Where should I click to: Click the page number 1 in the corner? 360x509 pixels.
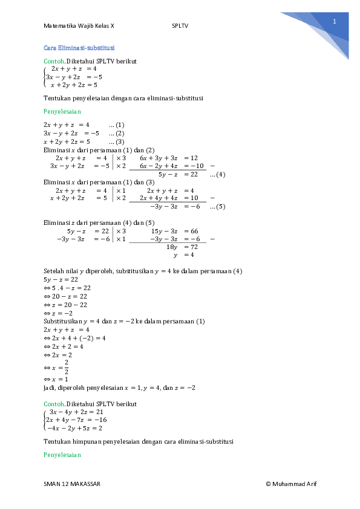pos(334,21)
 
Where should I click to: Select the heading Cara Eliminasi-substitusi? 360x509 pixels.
pos(80,48)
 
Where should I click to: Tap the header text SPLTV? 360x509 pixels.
pos(180,26)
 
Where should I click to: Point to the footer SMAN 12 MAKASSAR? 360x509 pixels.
pos(72,484)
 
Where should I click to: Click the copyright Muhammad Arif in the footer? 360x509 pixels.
pos(291,484)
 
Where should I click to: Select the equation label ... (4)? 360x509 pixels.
pos(217,175)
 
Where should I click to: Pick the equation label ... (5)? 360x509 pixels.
pos(217,207)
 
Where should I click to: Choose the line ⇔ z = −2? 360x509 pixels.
pos(58,313)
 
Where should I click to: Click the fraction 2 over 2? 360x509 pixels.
pos(67,367)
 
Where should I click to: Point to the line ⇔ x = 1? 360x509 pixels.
pos(57,380)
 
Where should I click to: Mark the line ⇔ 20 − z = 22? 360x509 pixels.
pos(65,296)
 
